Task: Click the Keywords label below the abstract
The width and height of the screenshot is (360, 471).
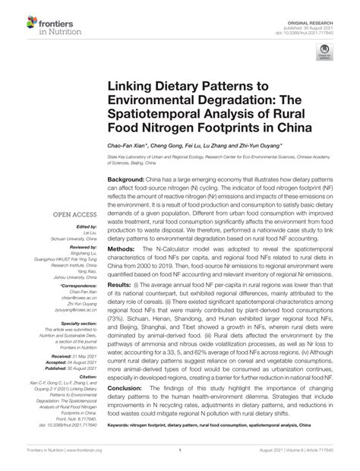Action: click(119, 446)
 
